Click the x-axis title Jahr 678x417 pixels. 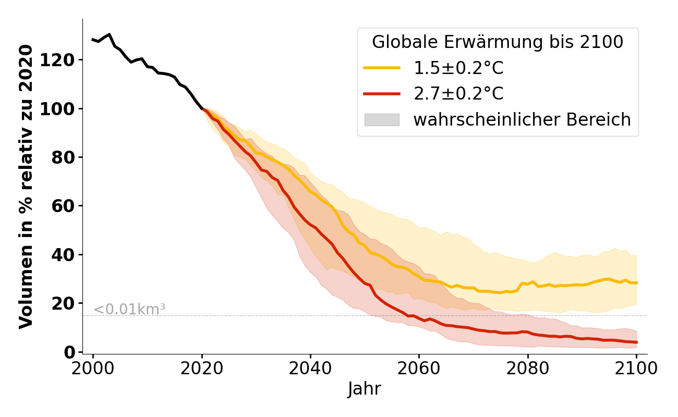click(365, 389)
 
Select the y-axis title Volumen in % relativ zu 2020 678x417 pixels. click(27, 187)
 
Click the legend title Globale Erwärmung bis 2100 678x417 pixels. click(498, 42)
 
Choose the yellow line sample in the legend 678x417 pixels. click(382, 68)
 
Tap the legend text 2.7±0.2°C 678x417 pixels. click(458, 94)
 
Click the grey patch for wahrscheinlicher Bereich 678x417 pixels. click(382, 120)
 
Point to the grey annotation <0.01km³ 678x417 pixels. click(129, 309)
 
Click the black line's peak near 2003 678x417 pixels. click(109, 34)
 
